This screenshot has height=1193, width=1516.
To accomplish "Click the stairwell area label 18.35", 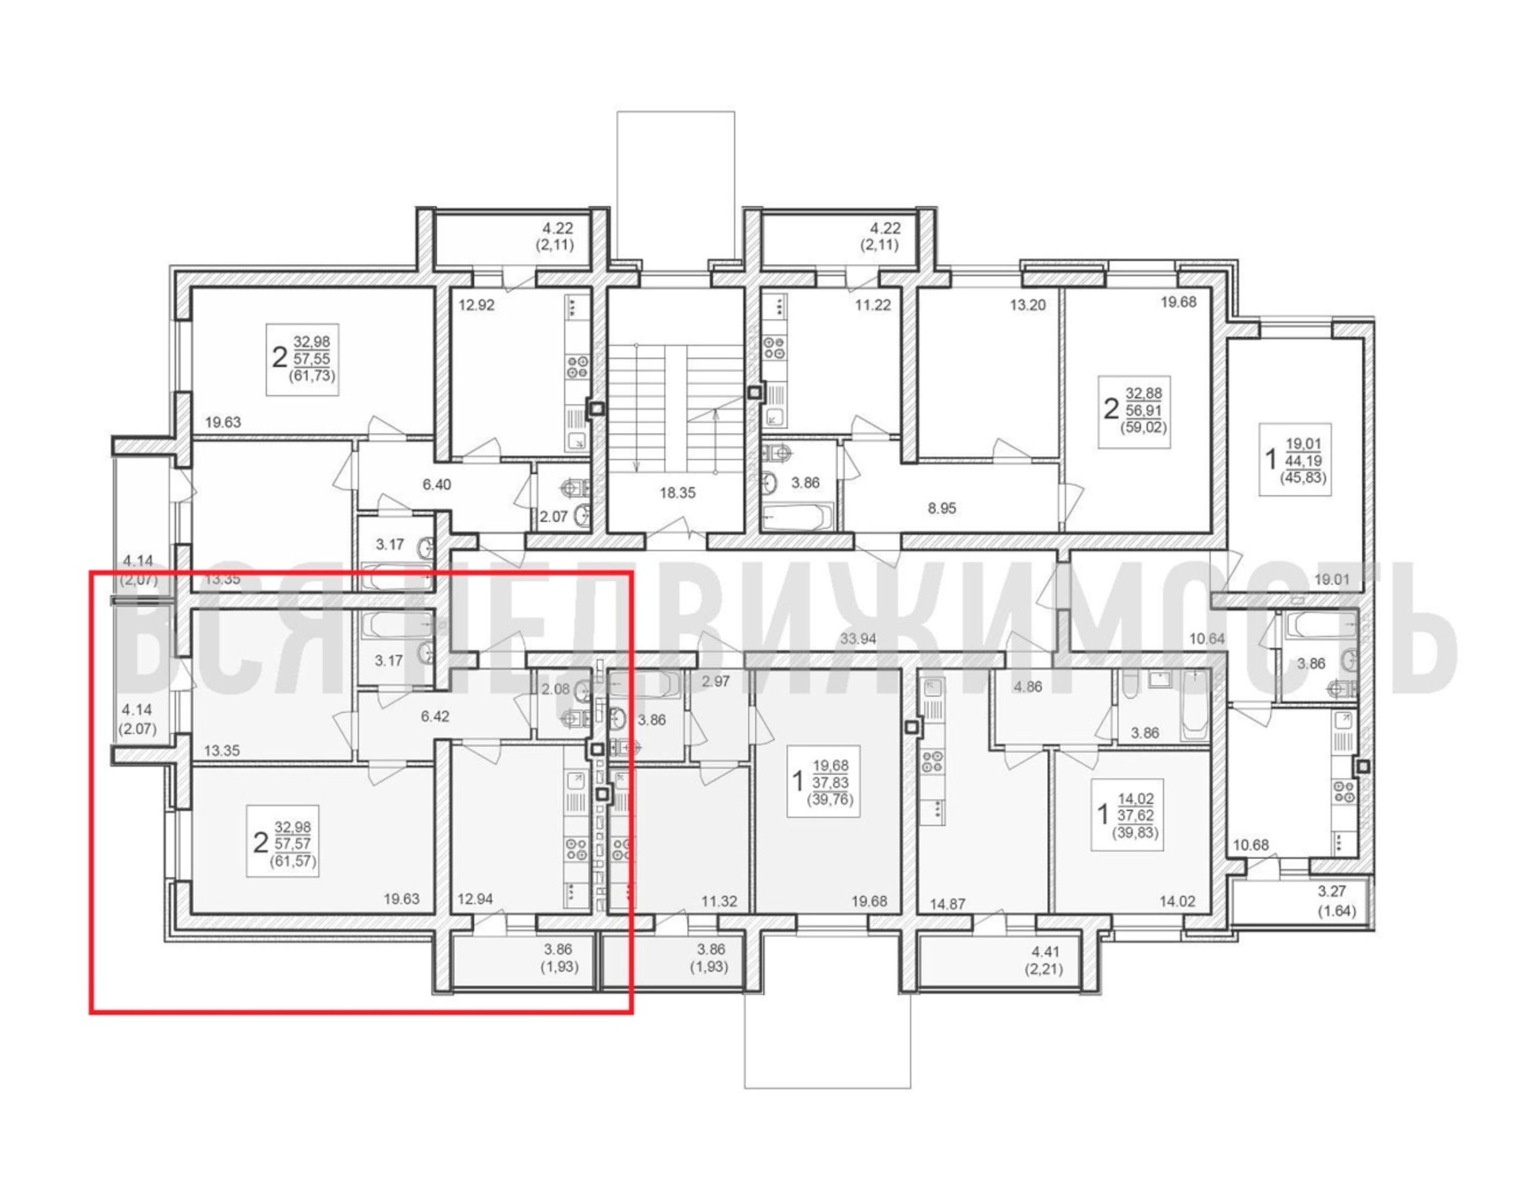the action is click(678, 493).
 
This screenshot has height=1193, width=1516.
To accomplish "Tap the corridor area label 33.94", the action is click(858, 638).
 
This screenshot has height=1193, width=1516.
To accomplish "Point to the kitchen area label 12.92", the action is click(477, 305).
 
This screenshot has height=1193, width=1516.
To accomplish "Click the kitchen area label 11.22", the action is click(873, 305).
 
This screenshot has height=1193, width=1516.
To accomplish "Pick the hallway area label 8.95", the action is click(941, 508).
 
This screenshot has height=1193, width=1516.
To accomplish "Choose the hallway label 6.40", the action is click(437, 484).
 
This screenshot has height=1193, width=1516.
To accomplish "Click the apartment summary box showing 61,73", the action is click(303, 360).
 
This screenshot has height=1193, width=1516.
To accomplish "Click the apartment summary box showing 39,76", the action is click(823, 780).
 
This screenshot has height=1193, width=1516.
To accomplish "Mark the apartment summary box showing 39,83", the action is click(1127, 814).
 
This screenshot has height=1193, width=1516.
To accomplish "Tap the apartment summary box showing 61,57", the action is click(283, 840).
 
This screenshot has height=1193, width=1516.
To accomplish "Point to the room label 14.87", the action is click(947, 903).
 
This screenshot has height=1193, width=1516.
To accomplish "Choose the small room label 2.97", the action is click(716, 681).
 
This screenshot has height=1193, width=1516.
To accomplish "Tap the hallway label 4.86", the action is click(1027, 687).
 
